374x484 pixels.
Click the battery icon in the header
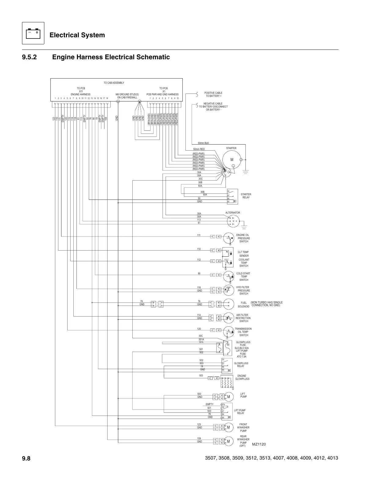pos(33,33)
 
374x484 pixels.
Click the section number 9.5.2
pos(29,57)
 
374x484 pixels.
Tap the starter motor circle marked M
pos(232,160)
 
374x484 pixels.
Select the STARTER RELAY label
pos(246,196)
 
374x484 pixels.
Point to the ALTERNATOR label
pos(233,213)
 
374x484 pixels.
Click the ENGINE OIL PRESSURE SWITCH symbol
pos(229,238)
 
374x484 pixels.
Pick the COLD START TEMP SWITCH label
pos(243,277)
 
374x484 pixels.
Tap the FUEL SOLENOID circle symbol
pos(229,304)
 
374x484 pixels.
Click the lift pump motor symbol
pos(229,397)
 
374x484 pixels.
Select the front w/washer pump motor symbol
pos(229,427)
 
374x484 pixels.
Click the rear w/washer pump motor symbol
pos(229,441)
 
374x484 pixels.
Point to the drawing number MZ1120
pos(259,444)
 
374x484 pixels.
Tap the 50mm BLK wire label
pos(203,143)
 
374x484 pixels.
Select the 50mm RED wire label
pos(199,149)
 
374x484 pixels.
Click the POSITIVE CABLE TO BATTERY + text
pos(213,94)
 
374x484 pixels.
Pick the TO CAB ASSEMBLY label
pos(114,83)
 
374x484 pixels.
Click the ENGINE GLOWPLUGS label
pos(242,377)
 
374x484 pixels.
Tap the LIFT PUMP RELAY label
pos(240,412)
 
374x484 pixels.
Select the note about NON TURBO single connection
pos(266,304)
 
